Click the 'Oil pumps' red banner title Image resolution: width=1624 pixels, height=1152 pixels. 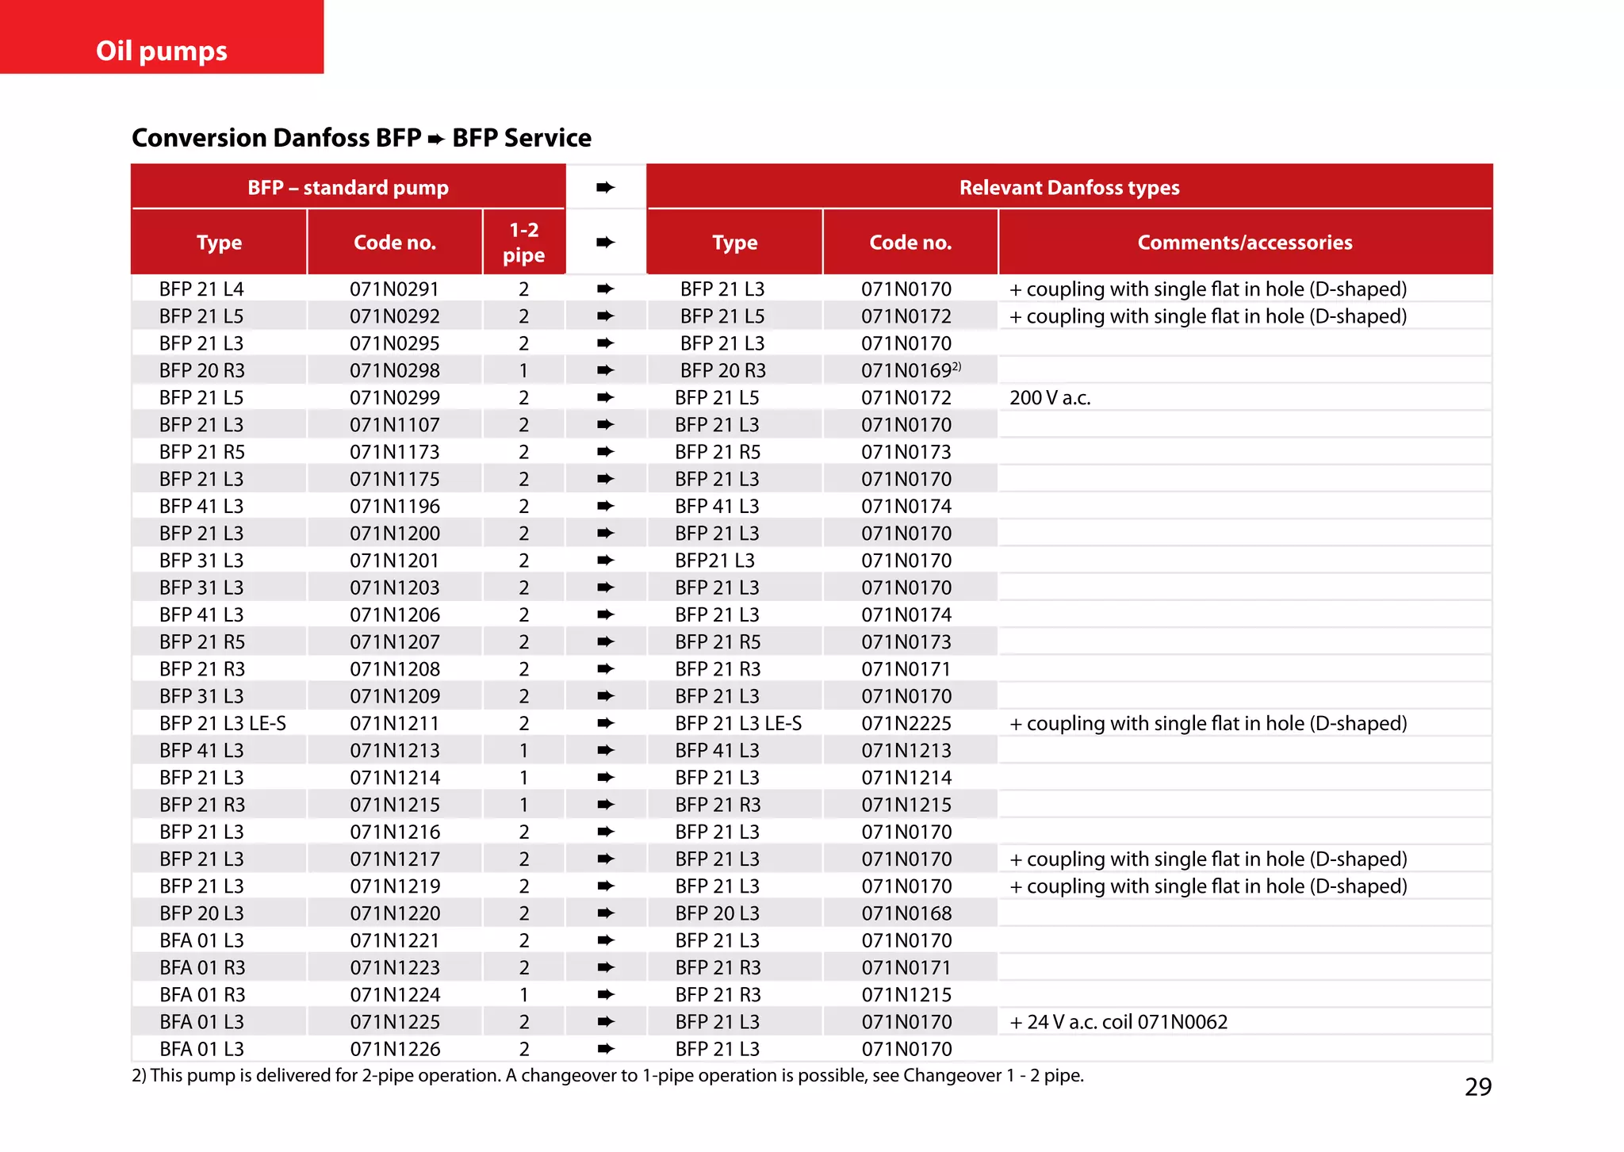click(162, 51)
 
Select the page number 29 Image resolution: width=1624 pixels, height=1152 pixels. click(1477, 1086)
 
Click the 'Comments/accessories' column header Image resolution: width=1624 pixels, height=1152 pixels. click(1244, 243)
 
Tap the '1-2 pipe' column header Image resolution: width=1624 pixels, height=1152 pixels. click(523, 243)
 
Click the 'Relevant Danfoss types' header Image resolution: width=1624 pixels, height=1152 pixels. click(1069, 188)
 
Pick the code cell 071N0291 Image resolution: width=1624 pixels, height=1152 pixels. click(394, 289)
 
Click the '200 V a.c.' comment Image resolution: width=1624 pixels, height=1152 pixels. click(1050, 398)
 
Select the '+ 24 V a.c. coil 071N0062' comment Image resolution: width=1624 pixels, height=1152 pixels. click(1118, 1022)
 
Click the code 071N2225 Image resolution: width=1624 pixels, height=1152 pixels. click(906, 724)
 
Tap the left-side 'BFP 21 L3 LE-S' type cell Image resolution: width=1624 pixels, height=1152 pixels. click(222, 724)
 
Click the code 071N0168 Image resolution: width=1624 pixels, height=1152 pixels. click(906, 913)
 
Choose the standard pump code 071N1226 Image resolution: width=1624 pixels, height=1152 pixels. click(394, 1049)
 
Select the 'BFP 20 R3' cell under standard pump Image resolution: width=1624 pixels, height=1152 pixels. click(201, 371)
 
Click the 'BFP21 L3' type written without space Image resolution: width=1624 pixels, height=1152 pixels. click(714, 561)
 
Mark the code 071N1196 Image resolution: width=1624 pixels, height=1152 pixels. click(394, 507)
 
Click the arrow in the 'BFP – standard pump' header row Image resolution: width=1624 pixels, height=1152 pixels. click(605, 188)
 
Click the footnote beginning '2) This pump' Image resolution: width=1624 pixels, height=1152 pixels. click(607, 1076)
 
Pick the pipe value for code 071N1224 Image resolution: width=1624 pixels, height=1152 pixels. click(523, 995)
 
